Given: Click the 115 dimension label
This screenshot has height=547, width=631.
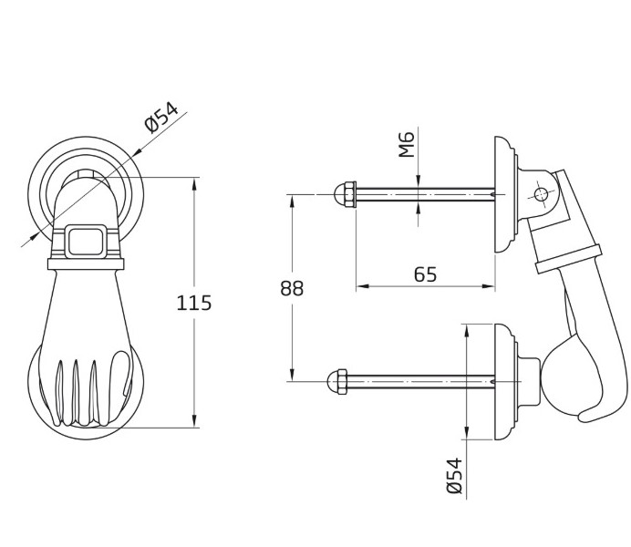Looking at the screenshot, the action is (194, 303).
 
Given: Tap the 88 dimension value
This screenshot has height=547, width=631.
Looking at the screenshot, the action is (292, 288).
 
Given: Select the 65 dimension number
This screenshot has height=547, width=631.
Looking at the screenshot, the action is (425, 274).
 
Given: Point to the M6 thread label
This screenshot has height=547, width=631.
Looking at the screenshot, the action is (406, 144).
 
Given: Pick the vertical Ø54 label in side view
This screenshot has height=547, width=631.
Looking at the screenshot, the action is (455, 475).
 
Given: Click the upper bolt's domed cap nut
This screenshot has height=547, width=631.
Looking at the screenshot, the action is (346, 194).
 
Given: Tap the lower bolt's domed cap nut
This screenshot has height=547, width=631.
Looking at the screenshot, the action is (337, 381).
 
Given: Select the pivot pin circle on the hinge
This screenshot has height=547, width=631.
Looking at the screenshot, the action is (541, 195).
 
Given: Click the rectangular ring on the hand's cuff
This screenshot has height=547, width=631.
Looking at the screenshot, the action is (86, 242).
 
